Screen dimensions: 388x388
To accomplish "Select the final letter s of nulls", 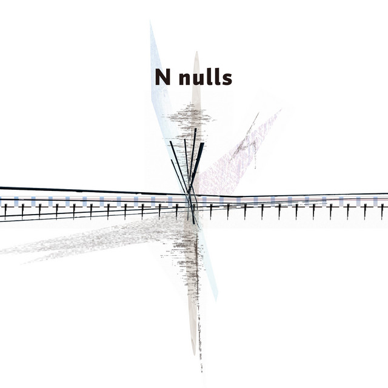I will [x=227, y=79].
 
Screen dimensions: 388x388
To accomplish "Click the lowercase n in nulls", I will [x=181, y=79].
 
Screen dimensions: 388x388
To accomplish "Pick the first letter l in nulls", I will [x=206, y=76].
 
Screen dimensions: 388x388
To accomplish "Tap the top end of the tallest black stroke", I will [x=196, y=129].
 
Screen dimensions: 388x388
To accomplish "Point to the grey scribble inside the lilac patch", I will [x=246, y=142].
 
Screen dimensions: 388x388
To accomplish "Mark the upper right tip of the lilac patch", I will [x=280, y=111].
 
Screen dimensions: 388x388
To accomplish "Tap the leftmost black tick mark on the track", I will [x=5, y=211].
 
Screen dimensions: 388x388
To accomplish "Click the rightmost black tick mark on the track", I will [x=382, y=211].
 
